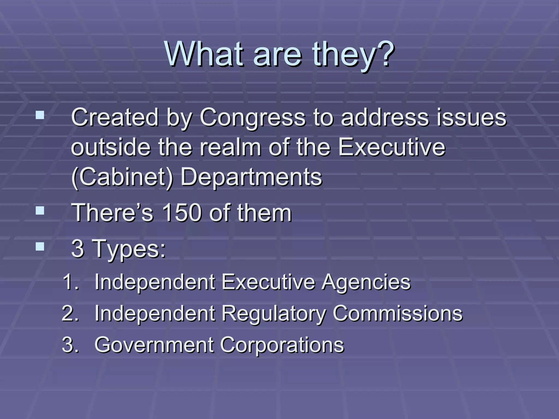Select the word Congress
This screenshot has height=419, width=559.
pos(252,117)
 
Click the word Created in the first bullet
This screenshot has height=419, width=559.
pos(115,117)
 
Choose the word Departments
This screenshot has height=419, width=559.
pos(251,177)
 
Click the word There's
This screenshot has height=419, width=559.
pos(112,213)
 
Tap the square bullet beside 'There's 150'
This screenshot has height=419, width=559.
pos(40,210)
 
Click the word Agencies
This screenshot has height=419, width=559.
pos(366,282)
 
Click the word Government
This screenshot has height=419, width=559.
pos(154,345)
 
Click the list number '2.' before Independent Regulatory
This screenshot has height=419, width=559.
pos(70,313)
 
